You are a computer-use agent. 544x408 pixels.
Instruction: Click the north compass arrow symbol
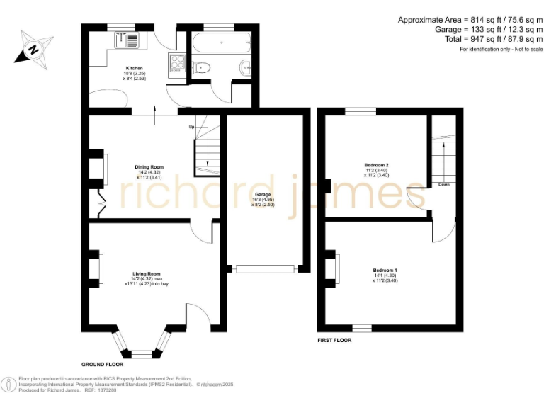pos(33,48)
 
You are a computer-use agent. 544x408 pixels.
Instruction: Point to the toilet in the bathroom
pos(201,69)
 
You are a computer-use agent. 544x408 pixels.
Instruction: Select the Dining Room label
pos(149,167)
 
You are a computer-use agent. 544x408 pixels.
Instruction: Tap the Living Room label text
pos(147,273)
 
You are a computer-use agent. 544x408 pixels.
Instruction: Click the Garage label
pos(263,194)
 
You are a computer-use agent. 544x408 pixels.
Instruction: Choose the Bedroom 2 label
pos(377,165)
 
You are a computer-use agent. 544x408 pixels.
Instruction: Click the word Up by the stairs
pos(191,127)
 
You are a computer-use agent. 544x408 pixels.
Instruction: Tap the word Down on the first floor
pos(443,184)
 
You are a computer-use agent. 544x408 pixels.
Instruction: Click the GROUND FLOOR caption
pos(103,363)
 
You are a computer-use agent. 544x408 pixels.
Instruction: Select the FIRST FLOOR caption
pos(334,340)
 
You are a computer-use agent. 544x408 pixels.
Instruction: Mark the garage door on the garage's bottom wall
pos(265,268)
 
